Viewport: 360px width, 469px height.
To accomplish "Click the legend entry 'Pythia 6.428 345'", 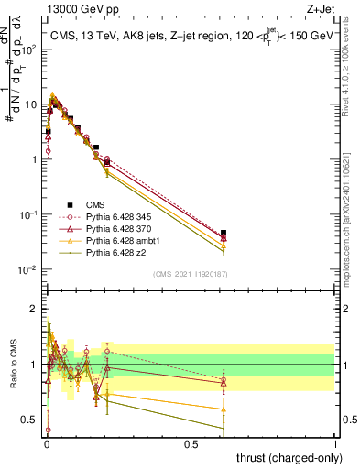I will coord(109,217).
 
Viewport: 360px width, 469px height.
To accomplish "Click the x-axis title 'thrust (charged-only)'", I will coord(285,457).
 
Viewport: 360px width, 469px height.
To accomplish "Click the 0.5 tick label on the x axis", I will coord(191,443).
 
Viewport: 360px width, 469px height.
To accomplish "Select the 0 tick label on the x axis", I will coord(47,443).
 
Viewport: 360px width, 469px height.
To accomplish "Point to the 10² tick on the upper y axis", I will coord(30,49).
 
